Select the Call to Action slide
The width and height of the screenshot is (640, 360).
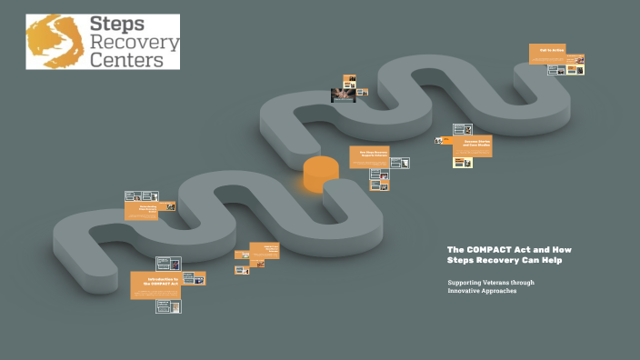pos(549,54)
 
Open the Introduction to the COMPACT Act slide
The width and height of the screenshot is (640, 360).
pos(155,285)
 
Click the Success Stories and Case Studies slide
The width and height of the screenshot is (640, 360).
pos(472,145)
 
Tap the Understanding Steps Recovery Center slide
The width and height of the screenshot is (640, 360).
pos(148,210)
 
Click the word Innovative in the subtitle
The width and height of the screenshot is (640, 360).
pos(465,291)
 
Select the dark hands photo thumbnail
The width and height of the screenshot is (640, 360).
pos(343,95)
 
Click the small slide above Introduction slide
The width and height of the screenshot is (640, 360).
pos(168,264)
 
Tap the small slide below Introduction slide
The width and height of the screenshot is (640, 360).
pos(168,307)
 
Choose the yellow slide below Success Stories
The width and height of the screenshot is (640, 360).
pos(464,163)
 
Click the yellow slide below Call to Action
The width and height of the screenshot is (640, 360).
pos(575,68)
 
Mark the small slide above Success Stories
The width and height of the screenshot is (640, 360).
pos(462,129)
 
